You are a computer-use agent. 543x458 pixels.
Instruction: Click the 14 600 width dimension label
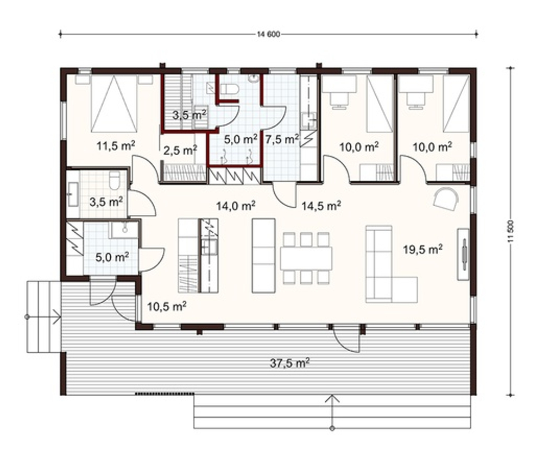pyautogui.click(x=268, y=34)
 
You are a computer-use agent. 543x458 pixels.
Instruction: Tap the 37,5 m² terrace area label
pyautogui.click(x=290, y=363)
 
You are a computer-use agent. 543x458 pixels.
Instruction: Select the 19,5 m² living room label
pyautogui.click(x=423, y=249)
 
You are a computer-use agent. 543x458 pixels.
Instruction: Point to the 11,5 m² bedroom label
pyautogui.click(x=116, y=146)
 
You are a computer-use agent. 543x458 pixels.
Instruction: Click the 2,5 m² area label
pyautogui.click(x=180, y=150)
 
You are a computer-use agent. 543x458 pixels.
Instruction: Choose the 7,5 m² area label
pyautogui.click(x=282, y=139)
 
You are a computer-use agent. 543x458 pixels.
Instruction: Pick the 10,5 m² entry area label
pyautogui.click(x=167, y=306)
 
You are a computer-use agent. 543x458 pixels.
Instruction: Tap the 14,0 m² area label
pyautogui.click(x=236, y=206)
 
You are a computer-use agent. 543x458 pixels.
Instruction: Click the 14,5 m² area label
pyautogui.click(x=321, y=206)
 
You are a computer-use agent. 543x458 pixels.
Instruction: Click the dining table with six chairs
pyautogui.click(x=306, y=258)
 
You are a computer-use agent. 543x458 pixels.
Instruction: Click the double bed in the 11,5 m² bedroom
pyautogui.click(x=113, y=104)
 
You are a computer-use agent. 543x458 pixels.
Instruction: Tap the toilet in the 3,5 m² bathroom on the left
pyautogui.click(x=114, y=180)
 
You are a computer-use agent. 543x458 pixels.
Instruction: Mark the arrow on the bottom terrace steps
pyautogui.click(x=332, y=412)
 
